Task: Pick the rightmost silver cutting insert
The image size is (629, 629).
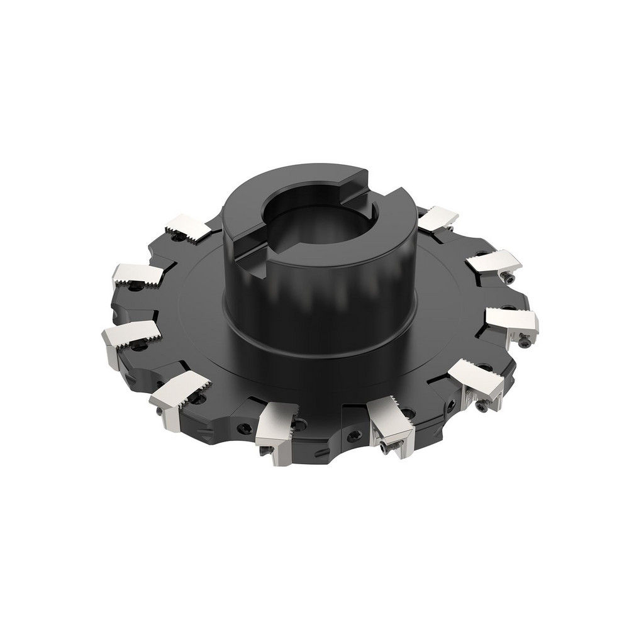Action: pos(513,321)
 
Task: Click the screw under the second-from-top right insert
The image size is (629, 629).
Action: pos(509,277)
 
